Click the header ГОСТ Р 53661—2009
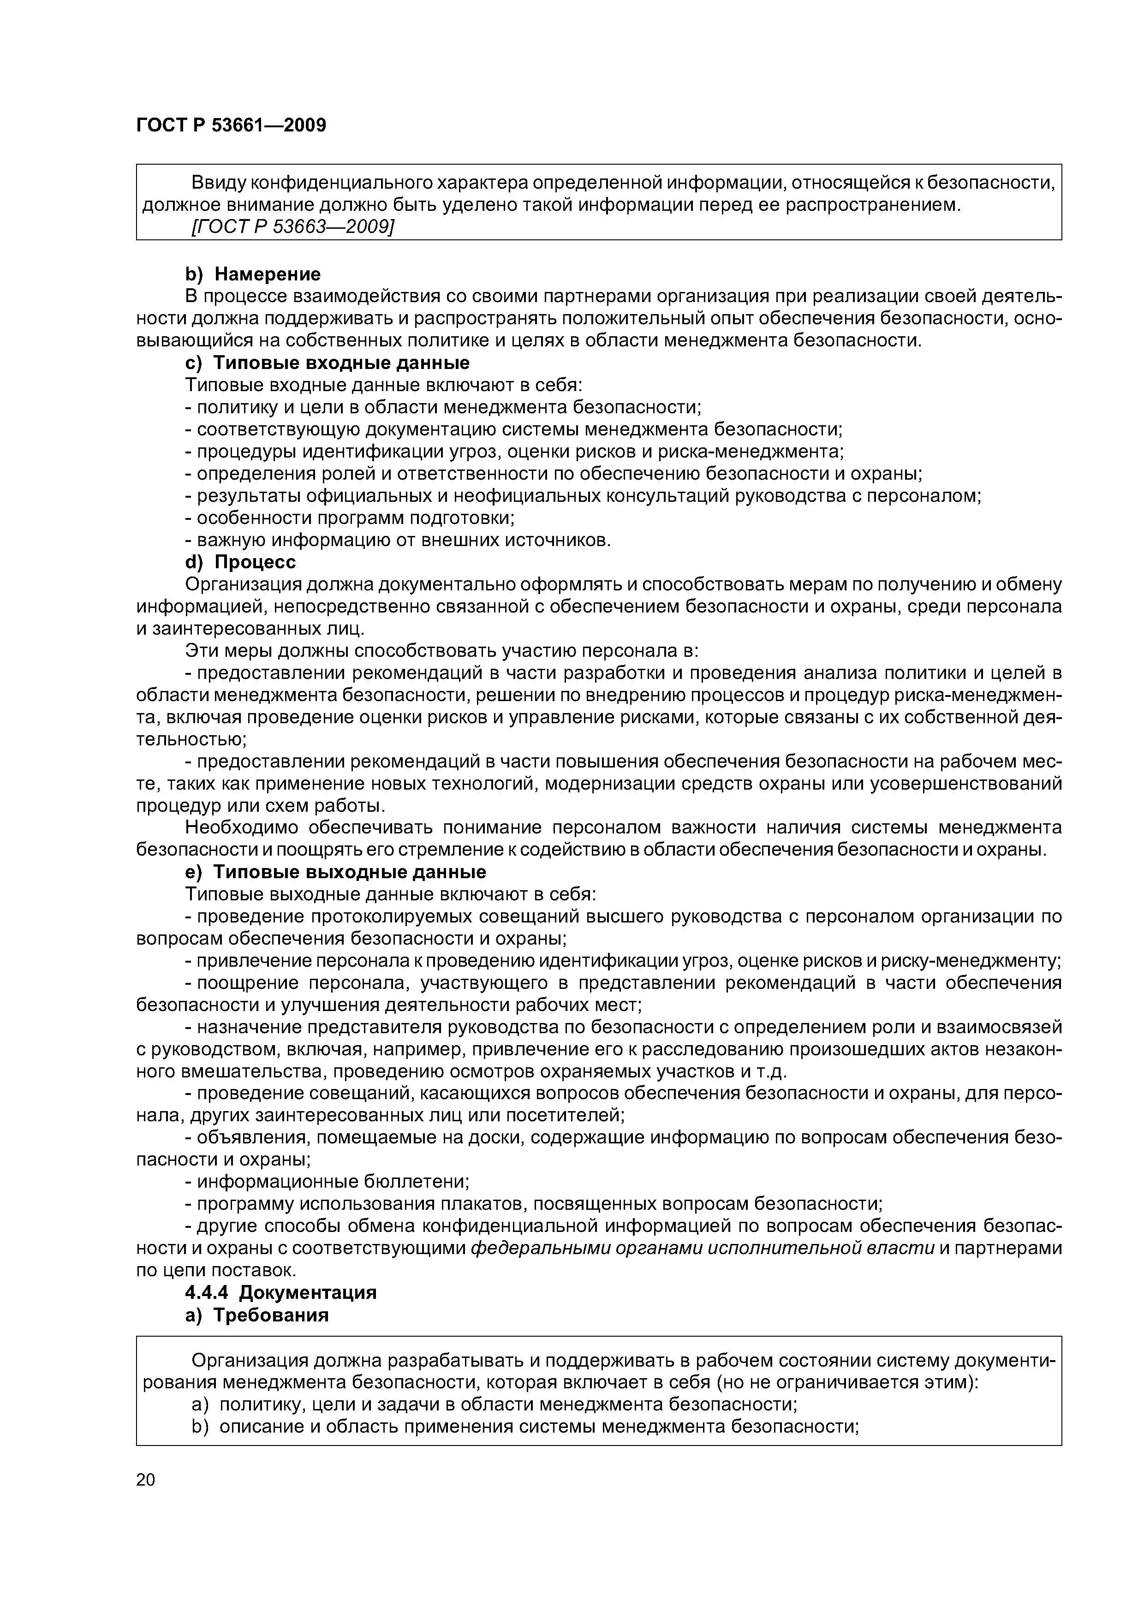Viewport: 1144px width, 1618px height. [x=231, y=125]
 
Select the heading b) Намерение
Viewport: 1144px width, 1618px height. [x=252, y=274]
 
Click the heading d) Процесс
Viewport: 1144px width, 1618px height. [x=240, y=562]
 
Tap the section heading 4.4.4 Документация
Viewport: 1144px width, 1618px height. [x=280, y=1292]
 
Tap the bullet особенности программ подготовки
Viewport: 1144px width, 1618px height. [x=350, y=518]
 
